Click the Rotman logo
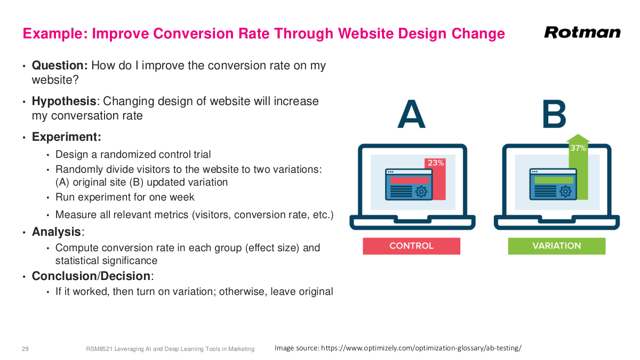pos(582,33)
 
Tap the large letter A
pos(411,115)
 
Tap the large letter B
pos(554,115)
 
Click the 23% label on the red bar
pos(435,163)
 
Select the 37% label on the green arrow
pos(578,148)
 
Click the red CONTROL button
pos(411,246)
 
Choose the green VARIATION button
pos(556,246)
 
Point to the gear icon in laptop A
pos(421,191)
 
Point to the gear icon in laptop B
pos(565,191)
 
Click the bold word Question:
pos(60,66)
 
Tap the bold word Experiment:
pos(67,137)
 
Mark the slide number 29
pos(25,349)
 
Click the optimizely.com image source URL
pos(421,348)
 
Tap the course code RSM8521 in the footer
pos(98,349)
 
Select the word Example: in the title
pos(55,34)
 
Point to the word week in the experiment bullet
pos(182,197)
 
